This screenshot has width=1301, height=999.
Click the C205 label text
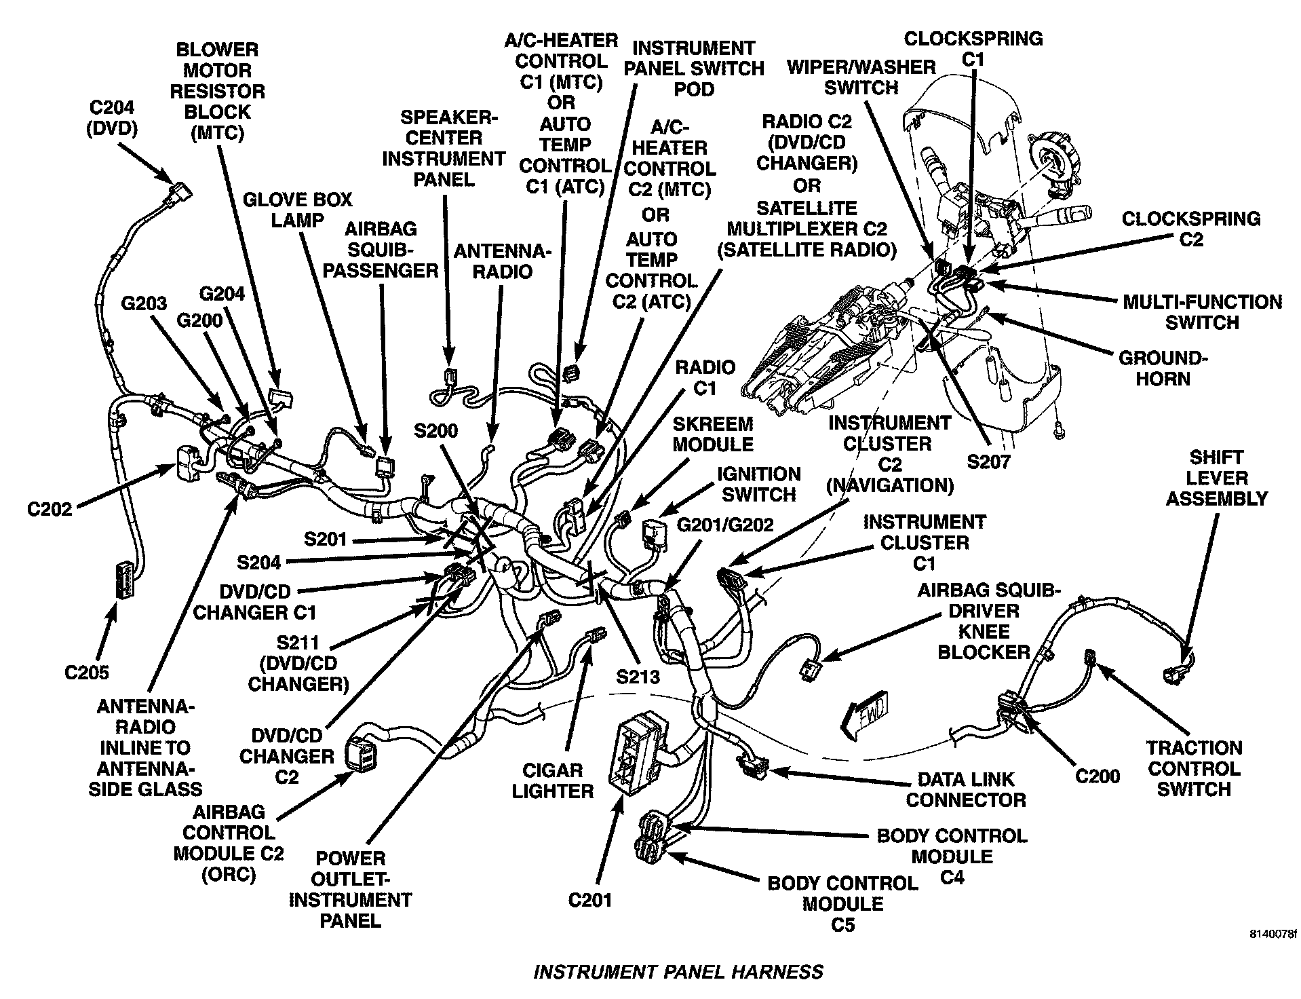coord(87,672)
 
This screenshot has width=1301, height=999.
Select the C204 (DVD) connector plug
coord(180,192)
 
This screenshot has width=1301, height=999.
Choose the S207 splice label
coord(988,462)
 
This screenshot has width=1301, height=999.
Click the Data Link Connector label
coord(965,789)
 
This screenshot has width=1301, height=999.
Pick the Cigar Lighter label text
coord(553,780)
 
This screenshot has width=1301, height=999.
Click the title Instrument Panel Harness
coord(678,972)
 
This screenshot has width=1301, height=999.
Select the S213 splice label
coord(638,677)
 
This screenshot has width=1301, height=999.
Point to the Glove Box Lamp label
coord(298,210)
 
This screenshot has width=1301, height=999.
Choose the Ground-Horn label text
coord(1163,368)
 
